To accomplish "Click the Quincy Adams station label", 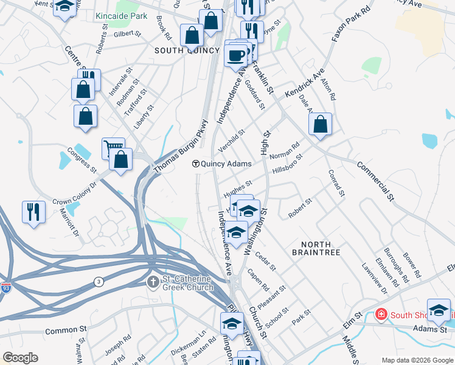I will click(x=226, y=164).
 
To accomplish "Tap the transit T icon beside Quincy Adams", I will click(x=196, y=164).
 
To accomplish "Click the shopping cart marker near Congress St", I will click(x=113, y=147).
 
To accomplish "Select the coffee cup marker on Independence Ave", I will click(x=235, y=55).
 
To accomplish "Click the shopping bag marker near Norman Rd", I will click(x=320, y=124).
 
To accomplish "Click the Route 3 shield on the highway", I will click(x=99, y=281).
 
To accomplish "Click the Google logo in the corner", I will click(x=20, y=358).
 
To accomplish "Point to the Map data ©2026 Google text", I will click(x=417, y=360).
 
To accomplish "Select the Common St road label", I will click(x=66, y=332).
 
